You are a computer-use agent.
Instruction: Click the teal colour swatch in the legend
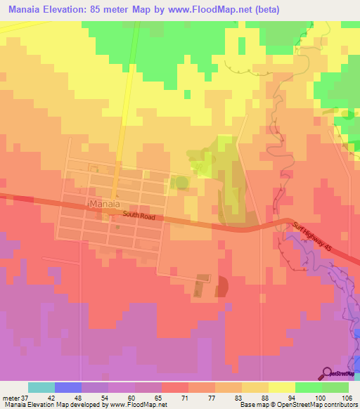pyautogui.click(x=41, y=388)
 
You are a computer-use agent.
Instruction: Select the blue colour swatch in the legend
pyautogui.click(x=68, y=388)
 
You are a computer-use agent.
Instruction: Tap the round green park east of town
pyautogui.click(x=182, y=183)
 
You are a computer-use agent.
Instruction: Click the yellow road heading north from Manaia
pyautogui.click(x=124, y=105)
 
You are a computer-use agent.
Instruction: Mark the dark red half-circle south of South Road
pyautogui.click(x=221, y=287)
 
